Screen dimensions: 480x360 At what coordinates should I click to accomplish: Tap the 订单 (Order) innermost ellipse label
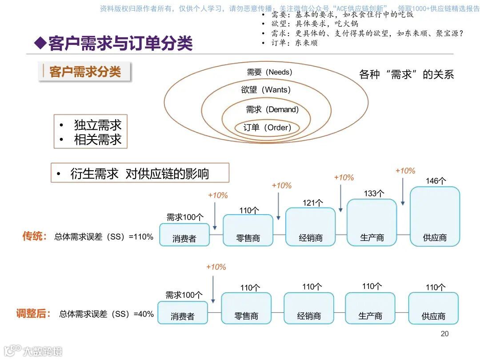[x=267, y=128]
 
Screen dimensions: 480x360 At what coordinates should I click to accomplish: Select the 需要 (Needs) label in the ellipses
[x=269, y=72]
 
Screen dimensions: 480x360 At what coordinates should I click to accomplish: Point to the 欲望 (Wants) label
[x=266, y=90]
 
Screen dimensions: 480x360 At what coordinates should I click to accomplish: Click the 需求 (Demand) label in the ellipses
[x=272, y=109]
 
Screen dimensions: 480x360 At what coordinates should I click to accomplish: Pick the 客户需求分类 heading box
[x=85, y=72]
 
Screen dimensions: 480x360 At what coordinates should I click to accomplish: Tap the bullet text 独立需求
[x=97, y=125]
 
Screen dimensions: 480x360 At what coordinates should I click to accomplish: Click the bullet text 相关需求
[x=97, y=140]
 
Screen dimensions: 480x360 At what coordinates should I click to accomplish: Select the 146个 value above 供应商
[x=436, y=181]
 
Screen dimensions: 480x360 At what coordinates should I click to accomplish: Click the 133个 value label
[x=373, y=193]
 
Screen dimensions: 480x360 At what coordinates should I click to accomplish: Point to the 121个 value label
[x=312, y=203]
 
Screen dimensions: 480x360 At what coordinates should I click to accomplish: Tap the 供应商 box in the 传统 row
[x=435, y=216]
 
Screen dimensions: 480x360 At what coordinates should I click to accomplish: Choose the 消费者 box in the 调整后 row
[x=183, y=312]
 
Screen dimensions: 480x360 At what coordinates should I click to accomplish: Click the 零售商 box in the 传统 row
[x=248, y=230]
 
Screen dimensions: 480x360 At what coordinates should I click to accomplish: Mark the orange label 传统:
[x=35, y=236]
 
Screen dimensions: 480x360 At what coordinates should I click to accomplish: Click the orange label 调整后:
[x=32, y=314]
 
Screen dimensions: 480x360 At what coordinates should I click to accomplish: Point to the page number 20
[x=444, y=334]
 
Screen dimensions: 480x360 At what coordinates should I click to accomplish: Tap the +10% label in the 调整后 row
[x=216, y=267]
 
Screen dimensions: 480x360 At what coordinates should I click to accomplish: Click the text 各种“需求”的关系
[x=406, y=75]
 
